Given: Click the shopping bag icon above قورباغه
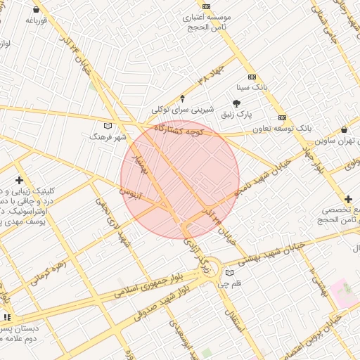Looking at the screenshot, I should coord(36,10).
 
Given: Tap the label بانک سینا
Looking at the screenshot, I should coord(252,88).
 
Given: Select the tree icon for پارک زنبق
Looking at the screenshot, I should coord(245,103).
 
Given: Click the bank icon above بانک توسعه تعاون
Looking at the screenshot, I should coord(283,117).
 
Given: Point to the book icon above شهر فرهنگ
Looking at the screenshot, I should coord(108,125).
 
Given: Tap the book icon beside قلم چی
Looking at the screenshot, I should coord(229,274).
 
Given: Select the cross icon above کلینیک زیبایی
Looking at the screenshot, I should coord(18,180).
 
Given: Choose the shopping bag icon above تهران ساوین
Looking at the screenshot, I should coord(343,130).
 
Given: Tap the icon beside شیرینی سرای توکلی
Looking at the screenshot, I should coord(183,98).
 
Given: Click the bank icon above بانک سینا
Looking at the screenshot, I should coord(252,77).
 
